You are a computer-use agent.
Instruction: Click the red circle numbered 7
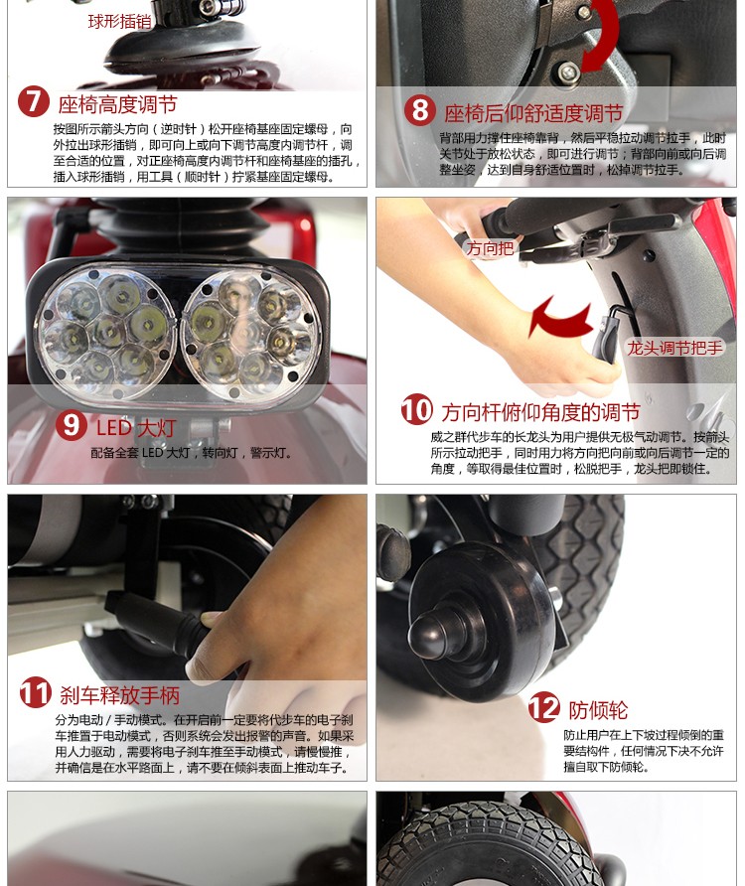point(34,101)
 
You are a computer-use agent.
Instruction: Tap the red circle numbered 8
point(420,110)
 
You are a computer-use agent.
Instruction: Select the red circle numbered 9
point(72,425)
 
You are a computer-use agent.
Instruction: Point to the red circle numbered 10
point(417,409)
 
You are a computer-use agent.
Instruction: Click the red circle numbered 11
point(36,692)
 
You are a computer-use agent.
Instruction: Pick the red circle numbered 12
point(543,707)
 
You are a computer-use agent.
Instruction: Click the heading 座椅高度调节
point(117,104)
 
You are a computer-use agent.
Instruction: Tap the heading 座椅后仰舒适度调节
point(533,113)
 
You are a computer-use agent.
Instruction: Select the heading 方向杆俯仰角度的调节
point(540,412)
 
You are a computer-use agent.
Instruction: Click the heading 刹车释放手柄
point(120,695)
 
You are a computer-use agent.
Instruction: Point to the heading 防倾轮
point(598,710)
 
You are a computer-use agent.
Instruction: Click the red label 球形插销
point(119,22)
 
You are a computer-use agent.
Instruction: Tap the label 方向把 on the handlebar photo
point(490,248)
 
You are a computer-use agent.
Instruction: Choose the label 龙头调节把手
point(674,348)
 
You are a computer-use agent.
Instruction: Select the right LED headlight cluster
point(251,333)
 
